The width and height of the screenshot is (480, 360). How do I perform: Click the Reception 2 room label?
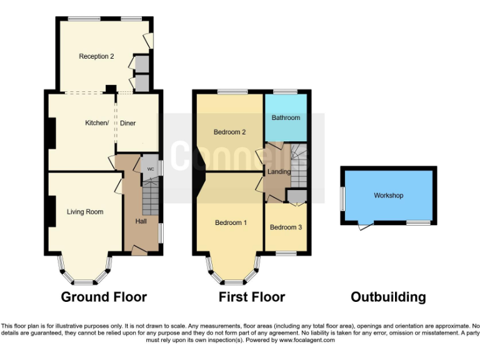96,56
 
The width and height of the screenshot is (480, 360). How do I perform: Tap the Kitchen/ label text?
97,123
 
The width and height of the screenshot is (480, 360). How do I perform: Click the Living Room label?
85,212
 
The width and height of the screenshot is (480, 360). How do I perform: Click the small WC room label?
150,169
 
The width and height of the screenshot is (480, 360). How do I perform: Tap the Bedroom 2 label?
229,132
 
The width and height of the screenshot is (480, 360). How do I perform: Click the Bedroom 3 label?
286,227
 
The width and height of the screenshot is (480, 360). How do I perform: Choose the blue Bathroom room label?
285,117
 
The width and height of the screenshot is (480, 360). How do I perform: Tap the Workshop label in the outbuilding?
388,196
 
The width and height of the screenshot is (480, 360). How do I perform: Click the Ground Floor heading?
104,297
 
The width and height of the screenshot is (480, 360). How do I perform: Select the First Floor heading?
251,297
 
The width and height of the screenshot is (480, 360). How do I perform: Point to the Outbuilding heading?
387,297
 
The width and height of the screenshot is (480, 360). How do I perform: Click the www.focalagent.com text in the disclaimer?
307,340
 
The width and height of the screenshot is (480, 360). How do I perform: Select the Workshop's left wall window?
342,199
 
